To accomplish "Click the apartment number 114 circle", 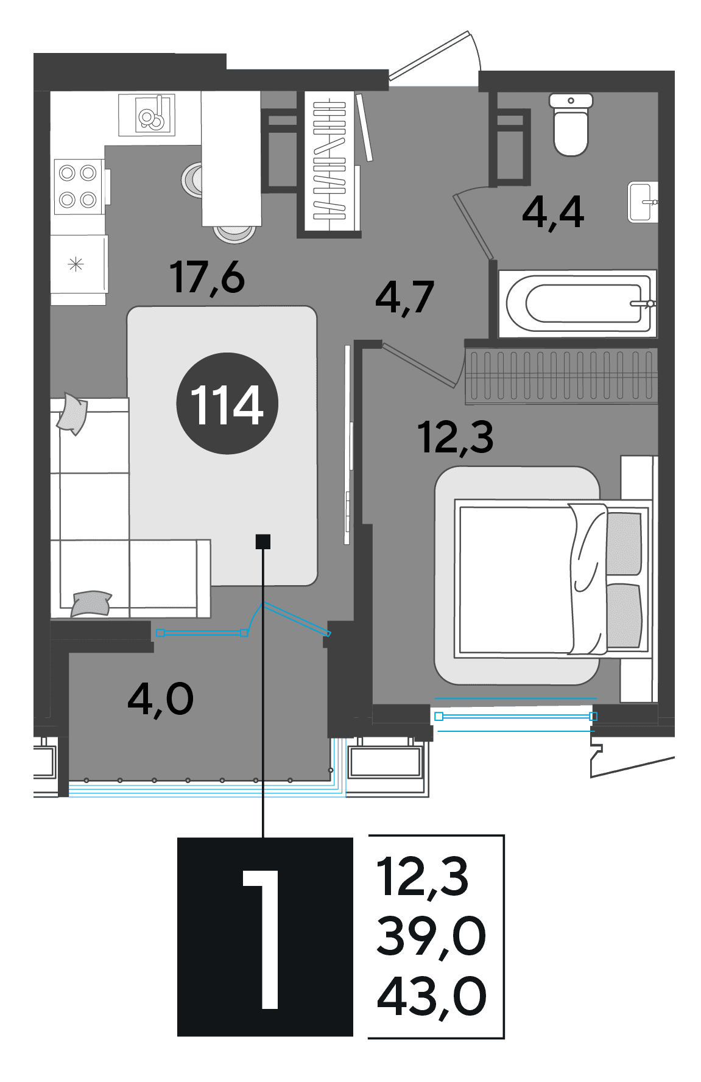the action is click(x=227, y=403).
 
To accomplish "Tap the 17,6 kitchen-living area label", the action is click(x=207, y=278).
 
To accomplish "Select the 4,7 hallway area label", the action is click(x=404, y=298).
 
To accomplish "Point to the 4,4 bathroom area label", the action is click(x=553, y=213).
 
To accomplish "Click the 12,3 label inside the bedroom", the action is click(x=456, y=437).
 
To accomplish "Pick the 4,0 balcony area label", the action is click(x=161, y=699).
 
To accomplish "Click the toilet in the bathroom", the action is click(x=571, y=124).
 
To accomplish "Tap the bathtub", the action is click(x=577, y=303).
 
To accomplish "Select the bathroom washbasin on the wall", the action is click(x=643, y=202).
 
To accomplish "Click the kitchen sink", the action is click(x=147, y=114).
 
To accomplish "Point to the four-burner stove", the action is click(x=78, y=187).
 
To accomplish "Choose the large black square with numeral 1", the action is click(x=265, y=936).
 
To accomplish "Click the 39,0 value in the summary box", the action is click(x=431, y=936).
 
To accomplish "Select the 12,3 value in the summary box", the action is click(x=423, y=877).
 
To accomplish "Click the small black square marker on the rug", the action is click(x=263, y=541).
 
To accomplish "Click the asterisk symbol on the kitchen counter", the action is click(x=76, y=265).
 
